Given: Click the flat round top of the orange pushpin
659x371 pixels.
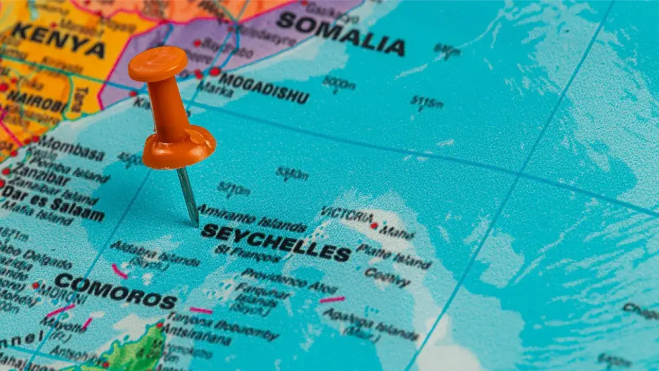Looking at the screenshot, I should pos(158,63).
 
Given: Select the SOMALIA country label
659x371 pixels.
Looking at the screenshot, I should pos(340,33).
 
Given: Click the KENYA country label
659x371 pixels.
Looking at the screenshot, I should pos(59,40).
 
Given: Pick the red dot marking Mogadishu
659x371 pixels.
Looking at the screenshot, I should pos(215,71).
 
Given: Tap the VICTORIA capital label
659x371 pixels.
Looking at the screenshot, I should pos(346,214).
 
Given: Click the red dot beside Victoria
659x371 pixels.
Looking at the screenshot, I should pos(374,225).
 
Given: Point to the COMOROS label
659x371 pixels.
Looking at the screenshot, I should pos(115,291).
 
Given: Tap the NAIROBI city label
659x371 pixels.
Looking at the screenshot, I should pos(36,101).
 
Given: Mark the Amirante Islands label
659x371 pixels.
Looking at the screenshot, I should pos(252,218).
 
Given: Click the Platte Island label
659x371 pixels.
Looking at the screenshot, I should pos(393,256).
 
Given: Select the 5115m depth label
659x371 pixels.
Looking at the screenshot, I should pos(427,103).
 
